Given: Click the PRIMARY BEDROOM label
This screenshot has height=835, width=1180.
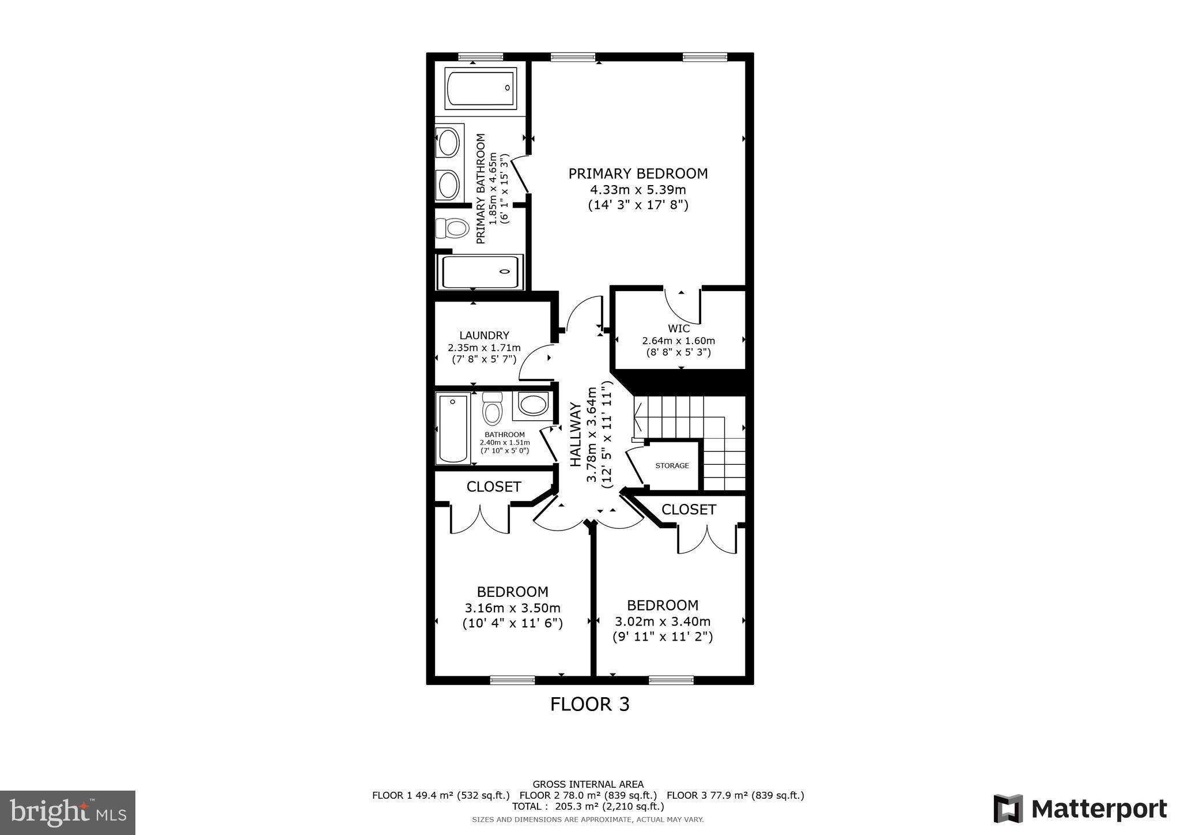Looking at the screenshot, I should point(638,174).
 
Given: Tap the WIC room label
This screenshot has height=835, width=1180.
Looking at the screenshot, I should point(679,329).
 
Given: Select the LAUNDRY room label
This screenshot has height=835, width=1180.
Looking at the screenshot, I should point(484,336).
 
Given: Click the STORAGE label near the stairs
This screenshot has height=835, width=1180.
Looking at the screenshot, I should point(672,465).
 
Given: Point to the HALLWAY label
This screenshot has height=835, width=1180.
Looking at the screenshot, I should point(576,434).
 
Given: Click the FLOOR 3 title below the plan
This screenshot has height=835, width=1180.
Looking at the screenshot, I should point(589,705).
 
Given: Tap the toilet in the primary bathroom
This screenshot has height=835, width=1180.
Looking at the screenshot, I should point(452,228).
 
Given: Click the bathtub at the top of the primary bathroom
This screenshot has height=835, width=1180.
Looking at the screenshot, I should point(481,88).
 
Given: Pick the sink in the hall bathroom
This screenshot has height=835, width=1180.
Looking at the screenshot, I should point(533,404).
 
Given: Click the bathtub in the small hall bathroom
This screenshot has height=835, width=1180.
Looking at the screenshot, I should point(452,428).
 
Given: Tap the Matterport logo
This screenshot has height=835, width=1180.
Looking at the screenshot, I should point(1080,808).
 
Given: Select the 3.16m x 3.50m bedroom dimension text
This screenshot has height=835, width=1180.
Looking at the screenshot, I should point(512,608).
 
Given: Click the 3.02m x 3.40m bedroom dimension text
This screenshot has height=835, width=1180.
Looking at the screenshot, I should point(663,622).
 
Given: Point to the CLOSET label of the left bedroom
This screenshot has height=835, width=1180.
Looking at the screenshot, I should point(494,487).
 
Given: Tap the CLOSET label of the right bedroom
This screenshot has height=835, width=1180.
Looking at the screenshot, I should point(689,510).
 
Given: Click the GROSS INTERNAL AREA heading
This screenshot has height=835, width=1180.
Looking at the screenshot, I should point(588,784).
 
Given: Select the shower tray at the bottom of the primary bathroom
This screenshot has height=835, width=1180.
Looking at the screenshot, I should point(481,272).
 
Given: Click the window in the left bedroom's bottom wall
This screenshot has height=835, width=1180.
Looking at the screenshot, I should point(512,680).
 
